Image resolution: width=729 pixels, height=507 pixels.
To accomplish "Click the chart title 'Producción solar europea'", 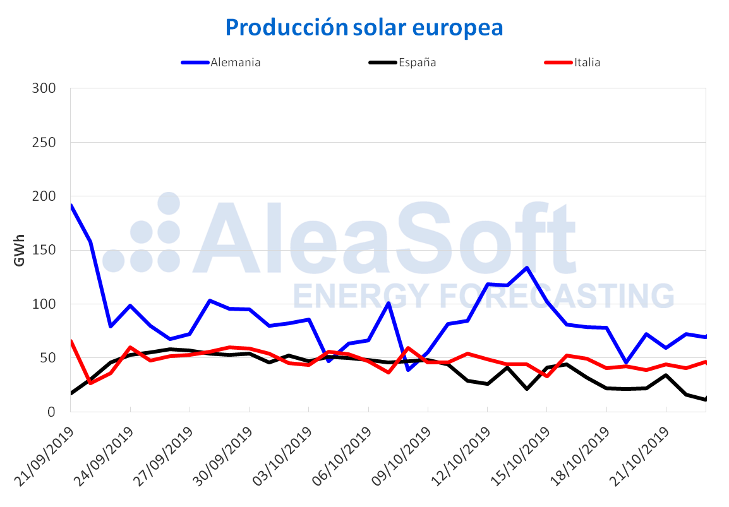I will coord(364,27).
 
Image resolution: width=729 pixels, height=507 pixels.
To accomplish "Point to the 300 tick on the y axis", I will coord(44,88).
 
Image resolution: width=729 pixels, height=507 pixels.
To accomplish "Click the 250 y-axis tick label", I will coord(44,142).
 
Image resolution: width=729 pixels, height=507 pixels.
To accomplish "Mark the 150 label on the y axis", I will coord(44,250).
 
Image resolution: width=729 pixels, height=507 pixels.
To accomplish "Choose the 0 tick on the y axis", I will coord(52,412).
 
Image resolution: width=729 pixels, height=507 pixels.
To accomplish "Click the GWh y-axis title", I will coord(19,250).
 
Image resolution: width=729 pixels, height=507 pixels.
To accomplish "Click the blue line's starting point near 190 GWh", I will coord(71,205).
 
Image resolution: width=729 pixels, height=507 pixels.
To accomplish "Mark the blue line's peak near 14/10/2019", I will coord(527,268).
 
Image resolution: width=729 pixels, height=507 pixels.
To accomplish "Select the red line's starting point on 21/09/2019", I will coord(71,342).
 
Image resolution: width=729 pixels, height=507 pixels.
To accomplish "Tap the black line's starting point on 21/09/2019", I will coord(71,393).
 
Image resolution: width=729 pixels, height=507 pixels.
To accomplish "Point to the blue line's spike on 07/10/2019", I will coord(389,303).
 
